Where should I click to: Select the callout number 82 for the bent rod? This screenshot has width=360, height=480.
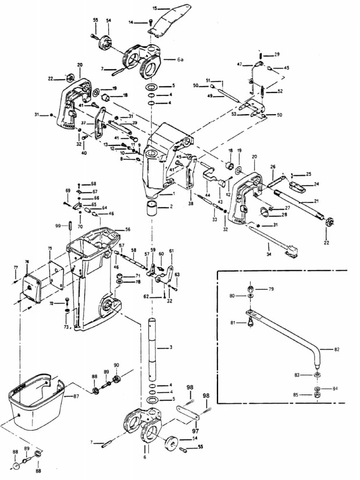tap(337, 349)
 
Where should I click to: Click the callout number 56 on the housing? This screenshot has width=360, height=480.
tap(127, 229)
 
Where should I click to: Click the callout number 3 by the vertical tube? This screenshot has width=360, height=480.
tap(171, 347)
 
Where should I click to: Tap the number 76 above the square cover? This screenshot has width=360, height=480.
tap(27, 262)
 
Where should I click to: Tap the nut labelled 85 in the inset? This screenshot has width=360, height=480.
tap(318, 396)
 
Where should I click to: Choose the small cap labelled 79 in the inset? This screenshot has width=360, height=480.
tap(250, 289)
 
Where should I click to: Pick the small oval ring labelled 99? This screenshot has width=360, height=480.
tap(70, 225)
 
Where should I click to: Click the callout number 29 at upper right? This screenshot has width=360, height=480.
tap(277, 54)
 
